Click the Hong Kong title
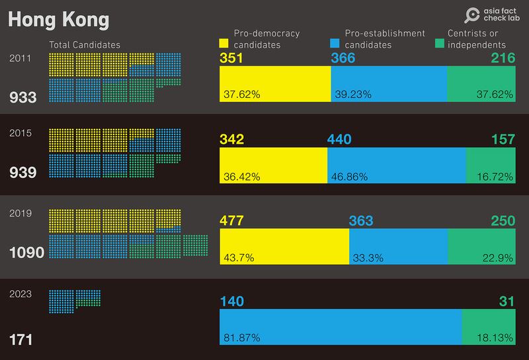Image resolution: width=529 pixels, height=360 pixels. pos(58,20)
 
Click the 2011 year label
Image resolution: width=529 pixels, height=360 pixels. pos(19,59)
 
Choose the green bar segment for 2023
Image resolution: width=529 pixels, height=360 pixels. pos(488,327)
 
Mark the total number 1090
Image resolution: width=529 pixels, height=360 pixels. pos(26,253)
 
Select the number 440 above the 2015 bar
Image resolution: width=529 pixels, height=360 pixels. pos(339,140)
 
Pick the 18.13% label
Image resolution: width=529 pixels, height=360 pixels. pos(495,338)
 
